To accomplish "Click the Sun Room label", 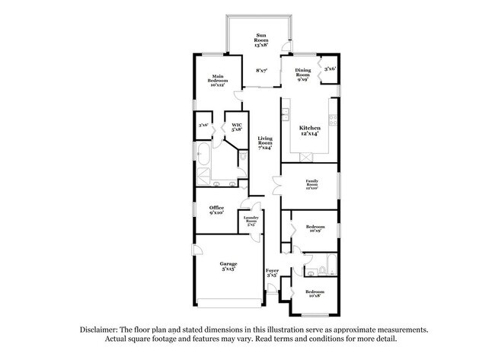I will [261, 39].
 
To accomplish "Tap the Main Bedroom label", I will [218, 79].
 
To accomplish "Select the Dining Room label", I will [302, 73].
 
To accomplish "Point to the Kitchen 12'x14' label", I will [309, 130].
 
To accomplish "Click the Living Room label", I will [265, 142].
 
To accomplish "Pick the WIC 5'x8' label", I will [237, 127].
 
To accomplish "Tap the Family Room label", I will [311, 183].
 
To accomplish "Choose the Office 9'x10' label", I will [218, 210].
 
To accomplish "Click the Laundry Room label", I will [251, 221].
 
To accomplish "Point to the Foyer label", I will [272, 272].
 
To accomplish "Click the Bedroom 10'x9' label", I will [315, 229].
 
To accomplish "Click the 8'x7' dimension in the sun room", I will [261, 70].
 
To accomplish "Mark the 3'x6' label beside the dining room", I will [330, 69].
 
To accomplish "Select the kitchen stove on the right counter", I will [333, 119].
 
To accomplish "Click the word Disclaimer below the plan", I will [101, 330].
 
